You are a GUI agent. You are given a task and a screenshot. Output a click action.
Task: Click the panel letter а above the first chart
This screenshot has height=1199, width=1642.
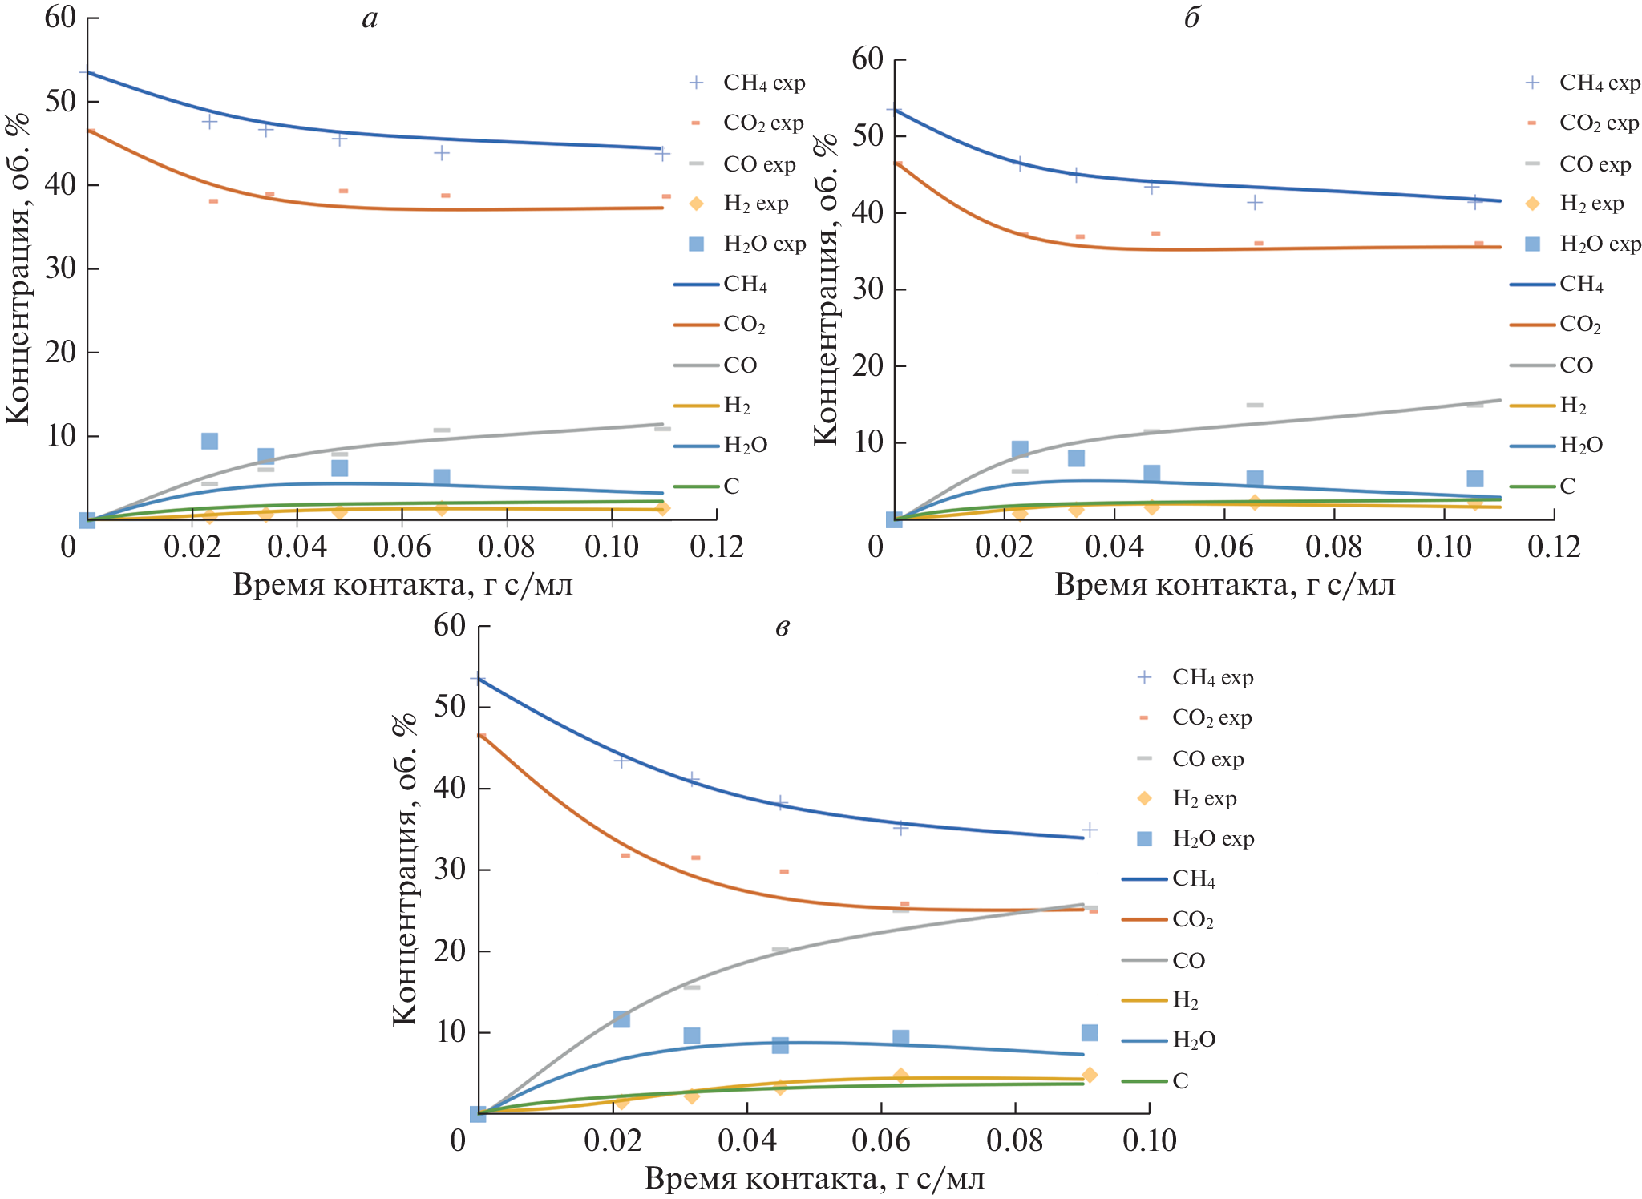pos(370,18)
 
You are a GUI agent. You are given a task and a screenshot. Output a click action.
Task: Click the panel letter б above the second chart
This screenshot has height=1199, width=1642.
pos(1191,18)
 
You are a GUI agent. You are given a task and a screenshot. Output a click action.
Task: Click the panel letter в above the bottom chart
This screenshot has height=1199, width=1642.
pos(783,627)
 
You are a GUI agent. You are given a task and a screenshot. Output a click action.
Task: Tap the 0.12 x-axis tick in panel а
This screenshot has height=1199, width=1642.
pos(716,547)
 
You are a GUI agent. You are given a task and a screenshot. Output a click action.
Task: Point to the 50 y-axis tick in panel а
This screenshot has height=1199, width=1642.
pos(61,102)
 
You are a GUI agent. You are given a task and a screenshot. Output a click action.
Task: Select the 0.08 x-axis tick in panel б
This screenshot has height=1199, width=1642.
pos(1333,547)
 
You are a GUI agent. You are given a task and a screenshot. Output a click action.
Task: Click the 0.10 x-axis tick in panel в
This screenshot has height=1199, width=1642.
pos(1149,1140)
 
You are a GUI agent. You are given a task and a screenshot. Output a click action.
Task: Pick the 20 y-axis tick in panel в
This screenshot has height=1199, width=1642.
pos(449,951)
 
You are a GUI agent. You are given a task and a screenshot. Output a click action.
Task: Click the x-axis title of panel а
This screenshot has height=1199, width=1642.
pos(402,585)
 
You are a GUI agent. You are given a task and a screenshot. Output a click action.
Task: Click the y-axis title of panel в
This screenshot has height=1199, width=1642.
pos(405,870)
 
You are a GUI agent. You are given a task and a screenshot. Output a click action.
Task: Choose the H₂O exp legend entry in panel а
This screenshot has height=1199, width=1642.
pos(747,244)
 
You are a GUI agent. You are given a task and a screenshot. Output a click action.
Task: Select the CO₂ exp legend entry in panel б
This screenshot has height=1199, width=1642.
pos(1583,123)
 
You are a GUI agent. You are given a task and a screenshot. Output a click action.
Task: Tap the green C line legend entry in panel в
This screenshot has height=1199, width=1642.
pos(1155,1080)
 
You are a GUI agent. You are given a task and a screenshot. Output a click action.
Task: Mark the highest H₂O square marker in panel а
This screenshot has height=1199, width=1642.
pos(209,441)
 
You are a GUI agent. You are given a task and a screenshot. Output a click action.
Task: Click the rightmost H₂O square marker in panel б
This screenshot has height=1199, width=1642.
pos(1474,478)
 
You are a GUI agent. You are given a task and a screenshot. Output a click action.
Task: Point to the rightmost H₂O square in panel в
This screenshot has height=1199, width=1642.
pos(1089,1032)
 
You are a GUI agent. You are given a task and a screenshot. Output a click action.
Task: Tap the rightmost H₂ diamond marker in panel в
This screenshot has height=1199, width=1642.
pos(1089,1075)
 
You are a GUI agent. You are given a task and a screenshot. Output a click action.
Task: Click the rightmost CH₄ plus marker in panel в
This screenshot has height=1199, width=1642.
pos(1089,830)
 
